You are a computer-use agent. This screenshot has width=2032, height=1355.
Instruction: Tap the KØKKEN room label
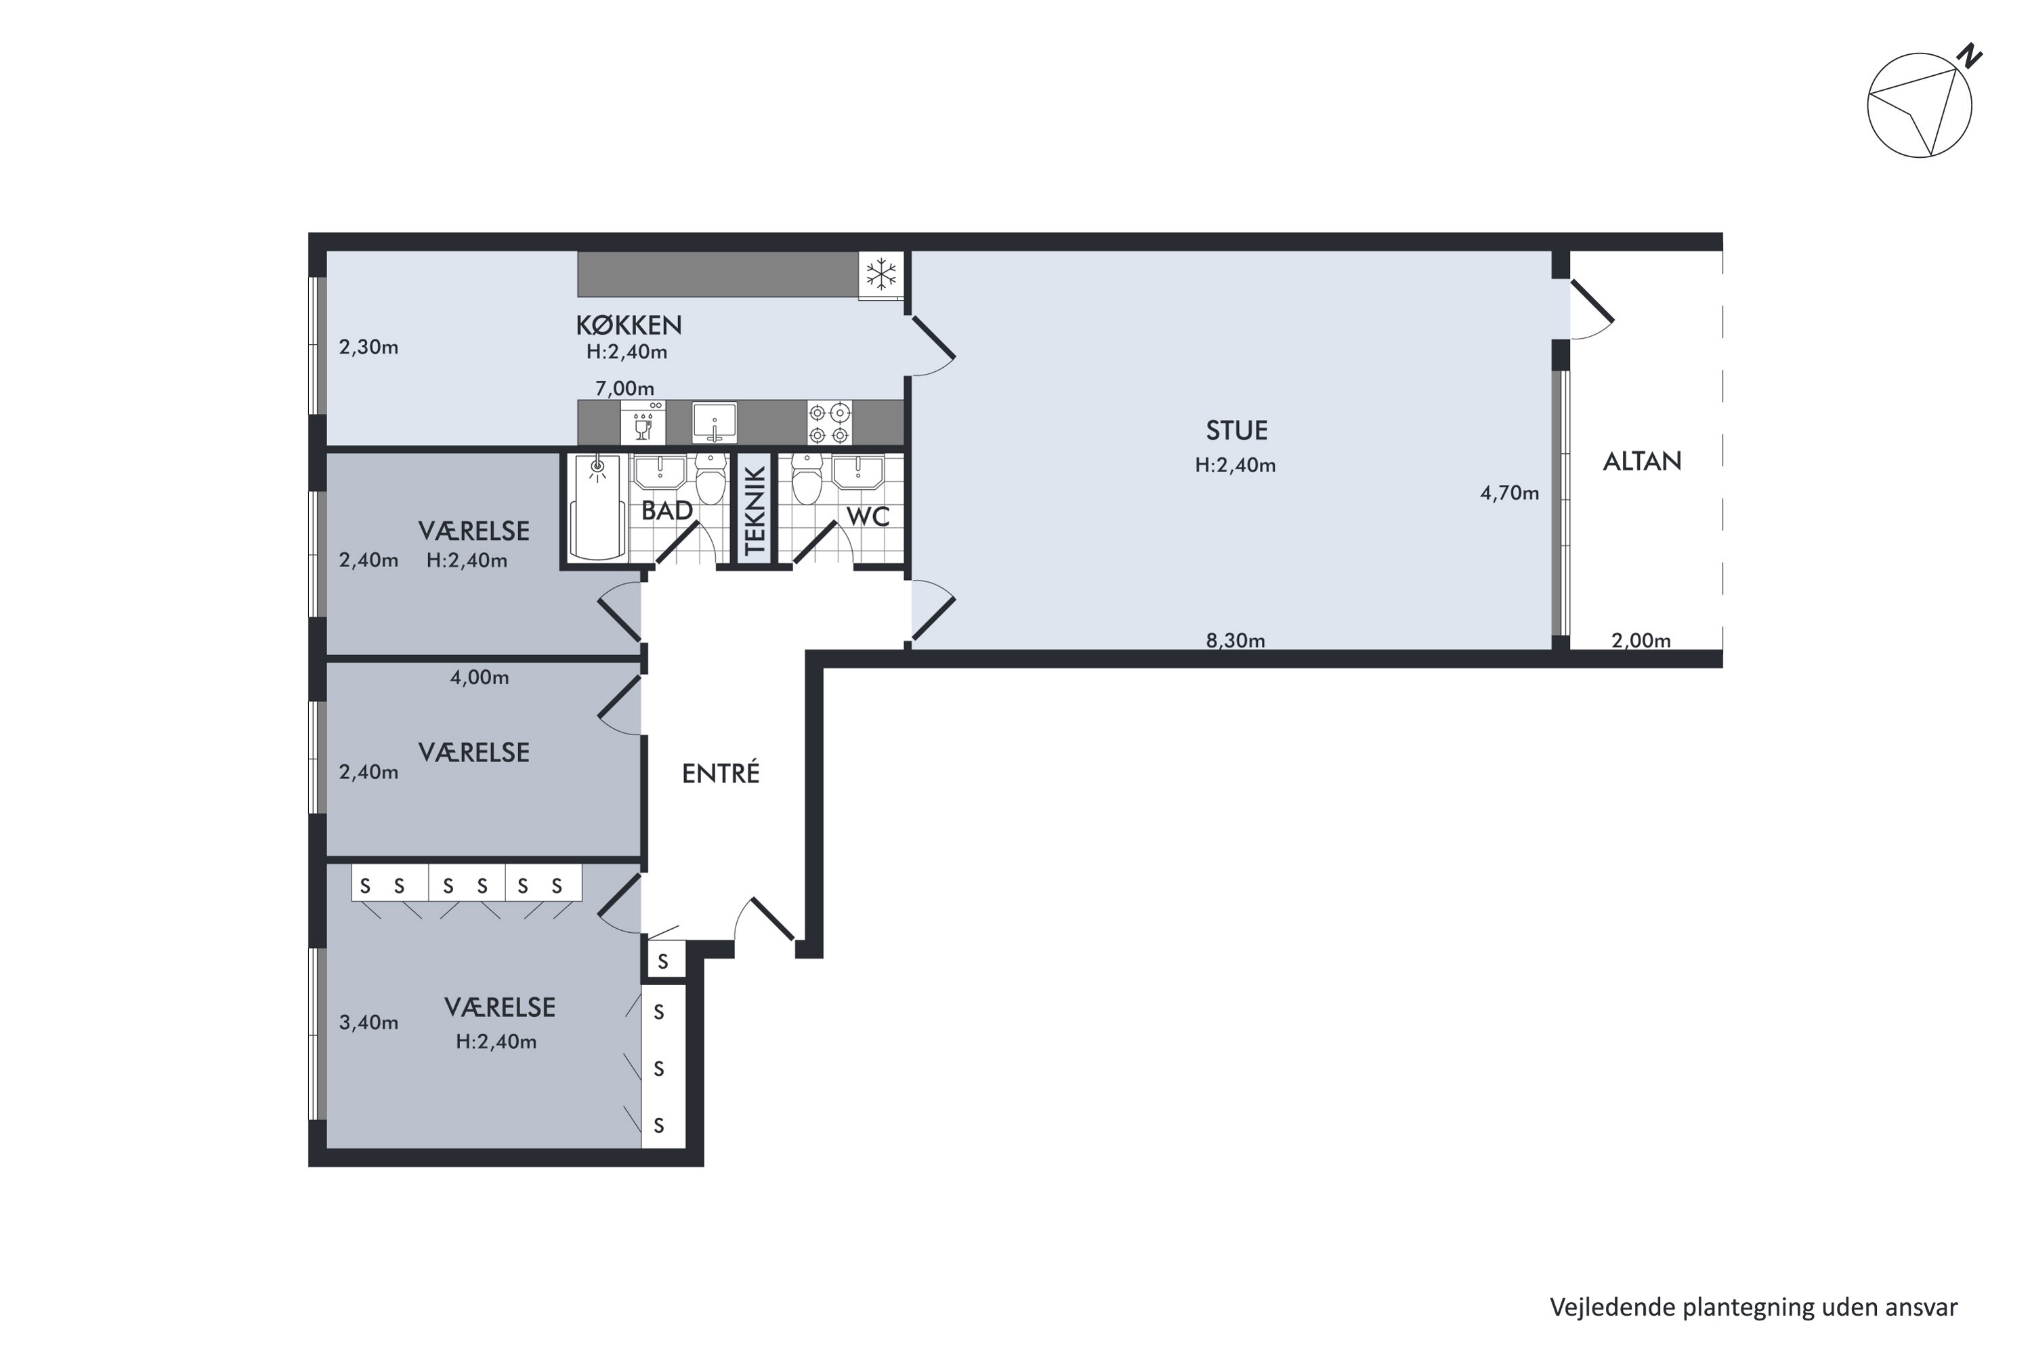629,326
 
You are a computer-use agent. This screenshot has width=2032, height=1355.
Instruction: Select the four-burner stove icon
828,423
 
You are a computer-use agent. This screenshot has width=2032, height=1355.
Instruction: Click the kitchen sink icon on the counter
715,423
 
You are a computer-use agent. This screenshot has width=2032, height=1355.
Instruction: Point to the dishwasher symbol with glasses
643,423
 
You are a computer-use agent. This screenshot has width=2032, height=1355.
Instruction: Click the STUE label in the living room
1236,430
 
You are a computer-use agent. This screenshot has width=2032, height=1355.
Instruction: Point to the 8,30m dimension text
1235,640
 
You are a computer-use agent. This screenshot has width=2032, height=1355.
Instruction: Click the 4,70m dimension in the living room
1509,493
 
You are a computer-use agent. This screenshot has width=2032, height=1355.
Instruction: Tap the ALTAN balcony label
1641,461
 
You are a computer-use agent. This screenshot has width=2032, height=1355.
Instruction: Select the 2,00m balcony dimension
1640,641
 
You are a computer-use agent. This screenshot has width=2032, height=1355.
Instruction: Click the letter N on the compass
1970,57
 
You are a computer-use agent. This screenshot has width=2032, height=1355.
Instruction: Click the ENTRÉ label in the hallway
721,774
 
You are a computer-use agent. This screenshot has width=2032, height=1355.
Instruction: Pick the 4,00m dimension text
480,677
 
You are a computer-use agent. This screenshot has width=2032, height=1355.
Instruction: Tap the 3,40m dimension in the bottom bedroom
368,1023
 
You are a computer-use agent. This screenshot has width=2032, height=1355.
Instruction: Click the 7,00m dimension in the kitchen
624,389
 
